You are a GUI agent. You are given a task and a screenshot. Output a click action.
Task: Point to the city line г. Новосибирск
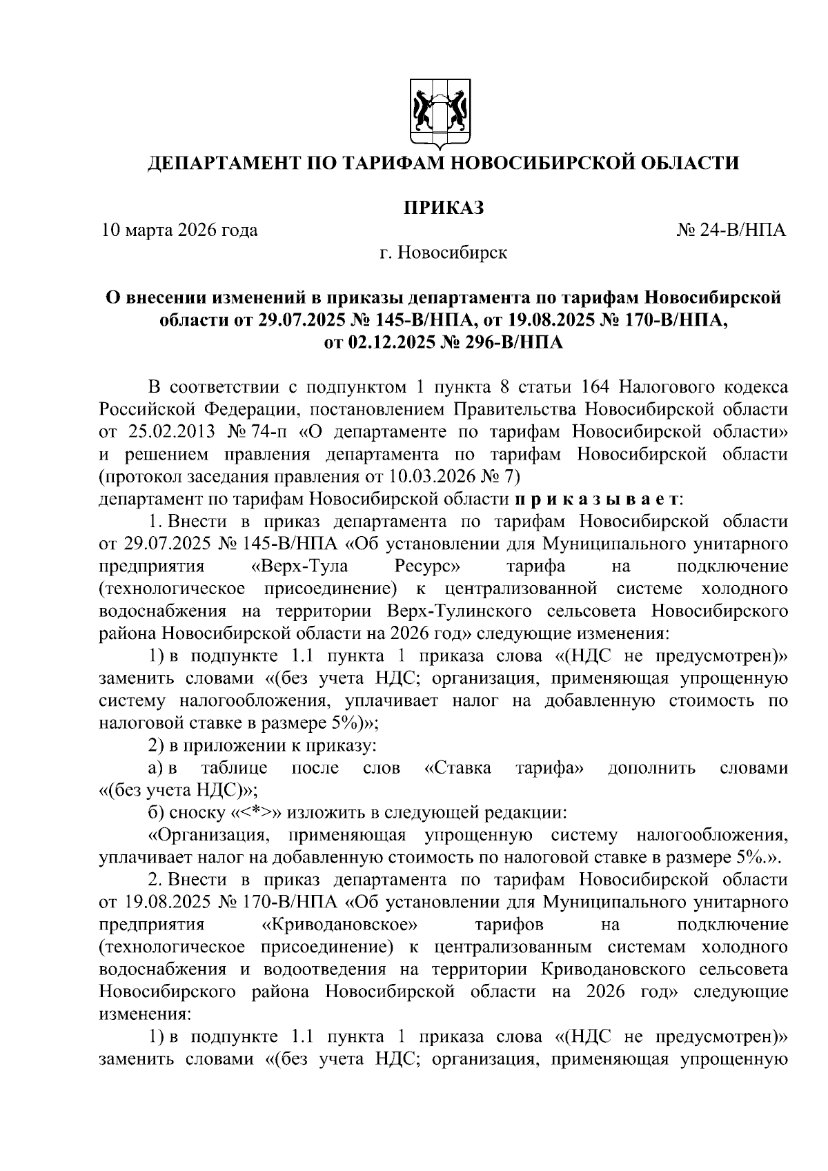pos(443,253)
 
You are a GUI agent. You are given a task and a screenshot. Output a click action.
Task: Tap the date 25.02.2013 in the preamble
pos(168,431)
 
